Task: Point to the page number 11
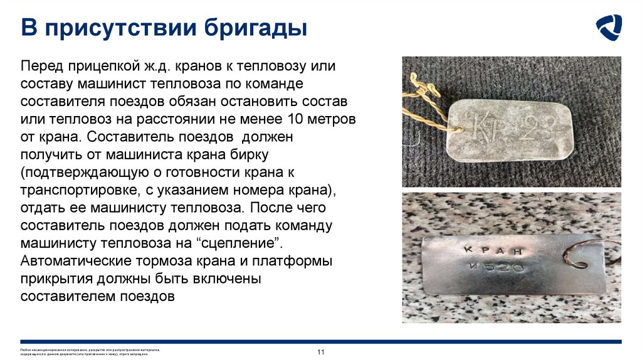320,352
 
